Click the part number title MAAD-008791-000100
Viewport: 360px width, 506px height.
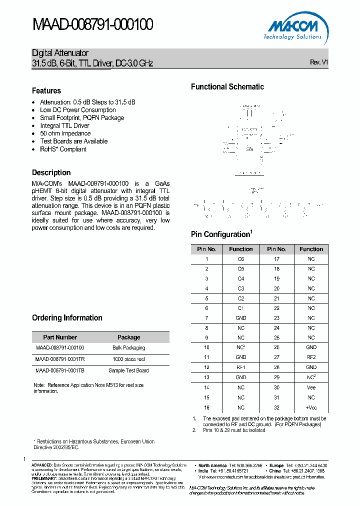(x=92, y=24)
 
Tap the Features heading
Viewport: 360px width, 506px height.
(x=46, y=90)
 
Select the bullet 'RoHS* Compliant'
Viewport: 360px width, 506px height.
(x=63, y=149)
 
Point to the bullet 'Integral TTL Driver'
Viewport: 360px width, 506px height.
(x=64, y=125)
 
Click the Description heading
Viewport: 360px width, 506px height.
(x=51, y=172)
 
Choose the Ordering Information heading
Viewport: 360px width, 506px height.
(x=67, y=317)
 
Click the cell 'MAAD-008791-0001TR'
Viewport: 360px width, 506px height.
(x=60, y=359)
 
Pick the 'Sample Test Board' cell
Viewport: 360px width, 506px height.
(x=128, y=370)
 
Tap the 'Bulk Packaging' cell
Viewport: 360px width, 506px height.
(x=128, y=347)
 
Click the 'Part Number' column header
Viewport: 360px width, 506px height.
(x=60, y=337)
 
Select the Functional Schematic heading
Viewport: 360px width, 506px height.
(x=227, y=86)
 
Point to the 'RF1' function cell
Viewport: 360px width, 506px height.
(x=241, y=367)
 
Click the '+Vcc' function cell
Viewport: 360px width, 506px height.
(x=311, y=407)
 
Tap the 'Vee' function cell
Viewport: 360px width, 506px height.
(x=311, y=387)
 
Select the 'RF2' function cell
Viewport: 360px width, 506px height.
(x=311, y=357)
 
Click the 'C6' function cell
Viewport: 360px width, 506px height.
(x=241, y=259)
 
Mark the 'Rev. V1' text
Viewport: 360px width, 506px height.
(x=318, y=62)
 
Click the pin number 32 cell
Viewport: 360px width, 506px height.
(x=276, y=407)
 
